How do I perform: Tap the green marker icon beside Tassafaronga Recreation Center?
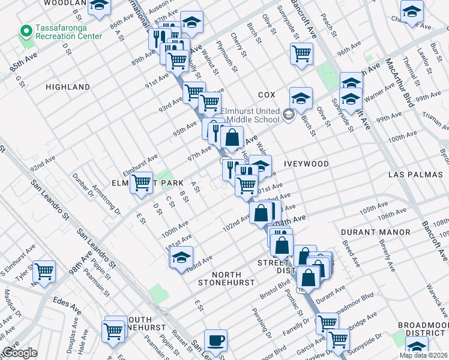pyautogui.click(x=26, y=30)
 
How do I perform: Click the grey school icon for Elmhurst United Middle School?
pyautogui.click(x=289, y=114)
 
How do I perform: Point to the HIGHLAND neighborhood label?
pyautogui.click(x=68, y=87)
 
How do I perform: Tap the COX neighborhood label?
pyautogui.click(x=267, y=95)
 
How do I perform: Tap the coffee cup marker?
pyautogui.click(x=215, y=340)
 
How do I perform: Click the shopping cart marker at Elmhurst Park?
pyautogui.click(x=141, y=181)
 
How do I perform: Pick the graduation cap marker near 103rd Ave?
pyautogui.click(x=181, y=257)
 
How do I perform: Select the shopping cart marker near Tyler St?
pyautogui.click(x=44, y=271)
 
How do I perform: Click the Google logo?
pyautogui.click(x=20, y=353)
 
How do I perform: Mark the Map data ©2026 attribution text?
pyautogui.click(x=423, y=355)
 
